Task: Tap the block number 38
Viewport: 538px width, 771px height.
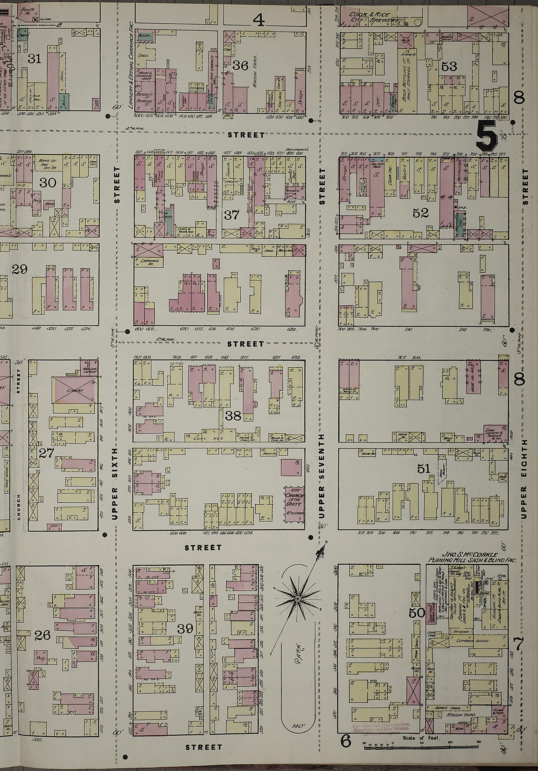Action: (233, 416)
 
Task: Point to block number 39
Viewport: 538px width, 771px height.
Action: (185, 628)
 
